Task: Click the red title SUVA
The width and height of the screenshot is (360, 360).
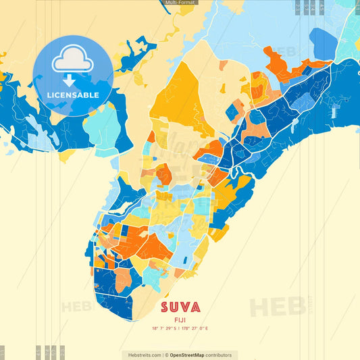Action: point(180,307)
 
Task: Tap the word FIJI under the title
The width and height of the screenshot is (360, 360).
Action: point(180,320)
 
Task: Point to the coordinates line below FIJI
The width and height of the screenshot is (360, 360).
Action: point(180,329)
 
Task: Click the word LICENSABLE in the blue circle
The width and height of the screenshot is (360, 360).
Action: point(73,95)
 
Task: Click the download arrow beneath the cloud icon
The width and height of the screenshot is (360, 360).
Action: point(70,80)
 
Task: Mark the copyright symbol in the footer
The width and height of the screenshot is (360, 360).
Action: point(166,355)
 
